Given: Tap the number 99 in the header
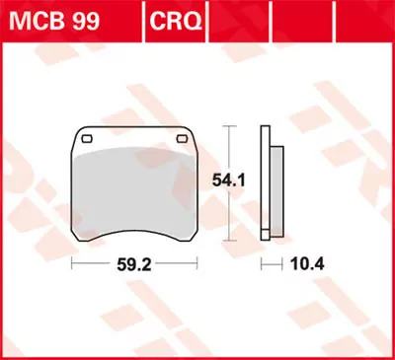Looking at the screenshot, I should [81, 18].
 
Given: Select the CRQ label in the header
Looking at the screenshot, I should [177, 18].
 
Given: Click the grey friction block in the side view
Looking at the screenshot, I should [276, 187].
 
